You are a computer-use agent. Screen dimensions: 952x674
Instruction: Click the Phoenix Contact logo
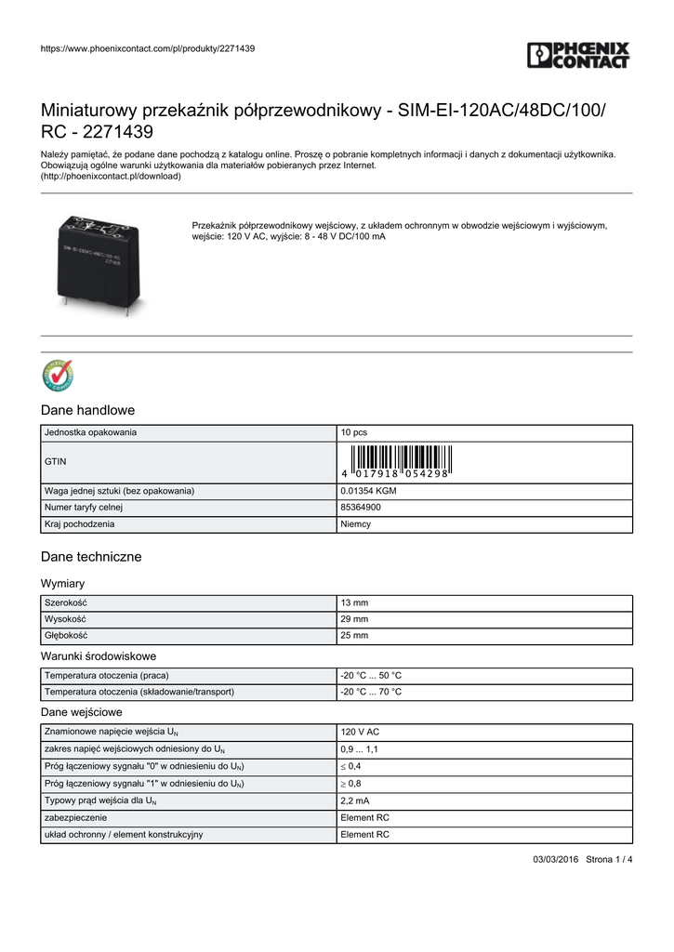coord(578,55)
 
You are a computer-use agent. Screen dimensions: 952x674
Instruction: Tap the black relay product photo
coord(100,262)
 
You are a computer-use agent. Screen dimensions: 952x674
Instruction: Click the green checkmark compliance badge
coord(58,376)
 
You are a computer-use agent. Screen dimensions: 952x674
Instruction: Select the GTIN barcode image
coord(396,461)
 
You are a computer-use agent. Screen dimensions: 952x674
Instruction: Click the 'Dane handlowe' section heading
coord(88,410)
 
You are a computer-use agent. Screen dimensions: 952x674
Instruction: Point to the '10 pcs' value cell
coord(354,433)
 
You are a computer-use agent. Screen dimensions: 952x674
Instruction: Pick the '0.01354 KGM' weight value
coord(369,490)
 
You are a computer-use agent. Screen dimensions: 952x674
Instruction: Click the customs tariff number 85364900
coord(361,508)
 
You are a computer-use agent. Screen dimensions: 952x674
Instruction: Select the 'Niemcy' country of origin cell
coord(356,524)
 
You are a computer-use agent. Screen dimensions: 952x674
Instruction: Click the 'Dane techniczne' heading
coord(91,557)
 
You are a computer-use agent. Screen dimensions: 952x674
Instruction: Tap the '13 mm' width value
coord(354,602)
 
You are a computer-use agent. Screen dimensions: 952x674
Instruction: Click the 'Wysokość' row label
coord(65,619)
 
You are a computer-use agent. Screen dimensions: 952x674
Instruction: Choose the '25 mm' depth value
coord(354,636)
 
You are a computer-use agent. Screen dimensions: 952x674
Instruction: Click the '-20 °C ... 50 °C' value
coord(371,675)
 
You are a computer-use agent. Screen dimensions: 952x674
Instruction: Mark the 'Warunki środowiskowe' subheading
coord(99,655)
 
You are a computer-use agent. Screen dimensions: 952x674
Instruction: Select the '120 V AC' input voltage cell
coord(360,733)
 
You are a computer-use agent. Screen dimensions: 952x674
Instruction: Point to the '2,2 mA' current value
coord(355,800)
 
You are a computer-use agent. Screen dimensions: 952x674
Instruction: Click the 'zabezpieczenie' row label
coord(75,817)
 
